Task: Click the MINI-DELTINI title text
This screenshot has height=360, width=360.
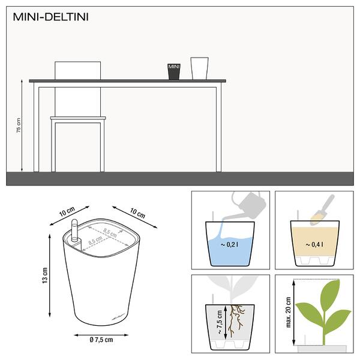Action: [x=50, y=17]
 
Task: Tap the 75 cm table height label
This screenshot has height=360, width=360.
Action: [x=19, y=125]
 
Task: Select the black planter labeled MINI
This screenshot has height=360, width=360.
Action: [x=174, y=71]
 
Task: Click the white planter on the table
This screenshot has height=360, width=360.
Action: [x=199, y=68]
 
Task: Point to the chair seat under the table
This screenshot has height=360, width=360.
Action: [x=78, y=118]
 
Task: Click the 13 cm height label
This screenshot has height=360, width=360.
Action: [x=45, y=275]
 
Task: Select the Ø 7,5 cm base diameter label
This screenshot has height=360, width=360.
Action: [x=101, y=340]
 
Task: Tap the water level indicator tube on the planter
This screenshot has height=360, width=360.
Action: [x=74, y=230]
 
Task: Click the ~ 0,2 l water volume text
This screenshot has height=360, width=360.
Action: [x=229, y=245]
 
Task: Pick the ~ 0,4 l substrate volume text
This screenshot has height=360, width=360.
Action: [x=314, y=245]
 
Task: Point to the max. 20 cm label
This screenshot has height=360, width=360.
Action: [x=289, y=312]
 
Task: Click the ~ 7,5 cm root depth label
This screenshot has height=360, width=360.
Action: [x=219, y=322]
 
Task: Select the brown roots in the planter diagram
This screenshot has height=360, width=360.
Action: [x=235, y=321]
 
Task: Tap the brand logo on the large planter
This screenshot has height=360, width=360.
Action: [x=118, y=317]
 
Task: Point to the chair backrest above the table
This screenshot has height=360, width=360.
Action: [x=77, y=70]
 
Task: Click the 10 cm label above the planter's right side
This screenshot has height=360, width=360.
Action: [x=137, y=213]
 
